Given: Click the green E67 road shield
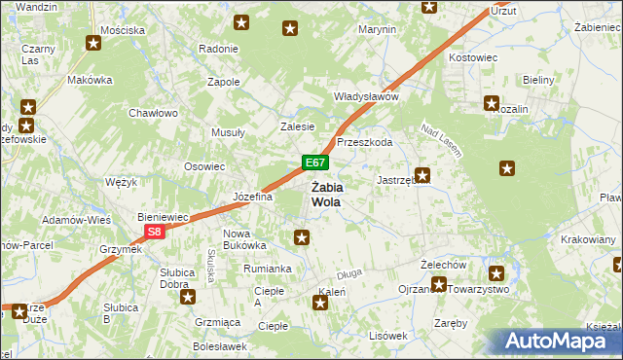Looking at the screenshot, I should click(313, 162).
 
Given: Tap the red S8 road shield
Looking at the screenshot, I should click(155, 232).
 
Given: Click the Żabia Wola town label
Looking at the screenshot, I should click(326, 194).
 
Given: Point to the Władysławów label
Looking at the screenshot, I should click(367, 97).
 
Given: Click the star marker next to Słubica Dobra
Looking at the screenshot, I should click(187, 296).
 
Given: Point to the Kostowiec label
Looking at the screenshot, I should click(473, 58).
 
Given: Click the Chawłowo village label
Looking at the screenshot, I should click(153, 113).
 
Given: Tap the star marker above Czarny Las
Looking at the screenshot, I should click(93, 43).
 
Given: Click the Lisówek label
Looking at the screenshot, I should click(387, 335).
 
